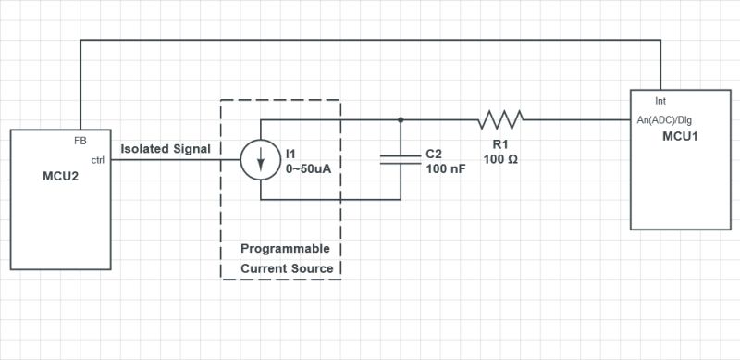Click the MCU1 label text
tap(681, 136)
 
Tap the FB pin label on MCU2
tap(80, 141)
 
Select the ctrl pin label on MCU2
tap(97, 160)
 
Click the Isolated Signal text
tap(166, 148)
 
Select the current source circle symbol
tap(261, 159)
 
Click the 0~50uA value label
tap(307, 168)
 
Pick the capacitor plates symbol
tap(400, 159)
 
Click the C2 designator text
tap(434, 155)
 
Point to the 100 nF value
tap(445, 170)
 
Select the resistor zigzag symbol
tap(500, 118)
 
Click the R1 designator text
tap(499, 144)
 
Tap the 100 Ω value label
tap(500, 159)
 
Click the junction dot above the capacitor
tap(400, 118)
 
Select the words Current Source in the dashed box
tap(286, 269)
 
